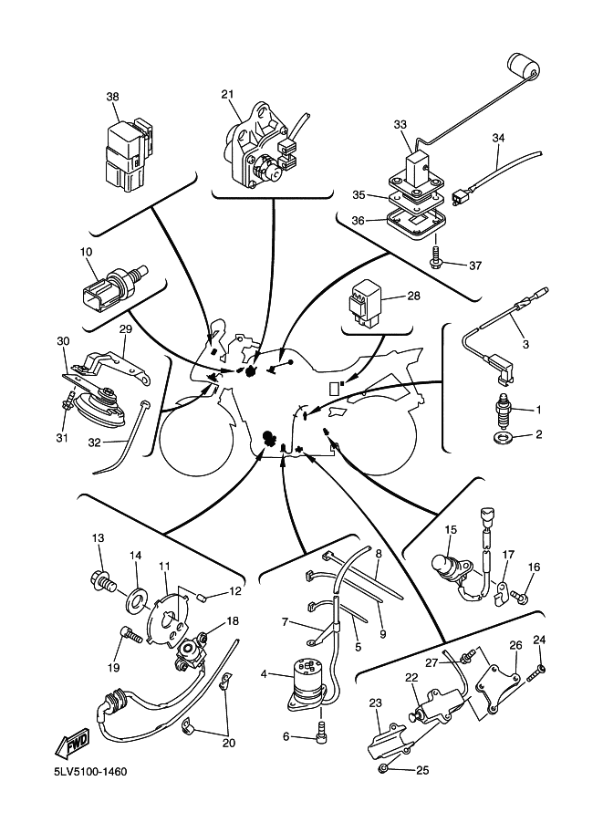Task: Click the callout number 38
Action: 112,97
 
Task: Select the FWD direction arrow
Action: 74,743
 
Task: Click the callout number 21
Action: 227,94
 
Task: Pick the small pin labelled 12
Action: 207,598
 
